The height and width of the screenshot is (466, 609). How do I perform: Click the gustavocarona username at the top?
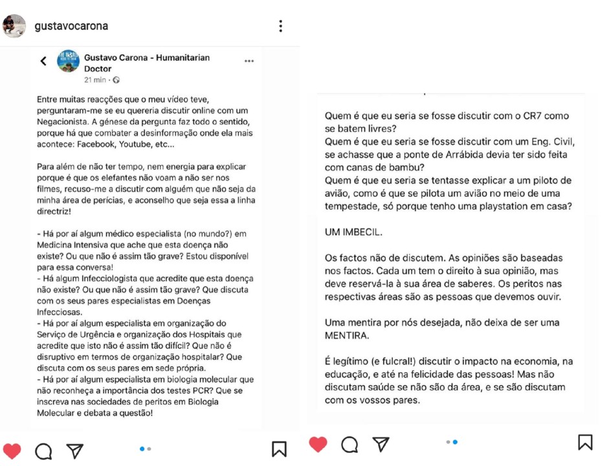71,27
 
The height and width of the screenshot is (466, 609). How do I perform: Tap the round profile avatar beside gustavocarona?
14,26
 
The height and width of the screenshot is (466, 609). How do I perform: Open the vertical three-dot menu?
280,26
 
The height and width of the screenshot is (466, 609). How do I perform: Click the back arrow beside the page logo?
43,61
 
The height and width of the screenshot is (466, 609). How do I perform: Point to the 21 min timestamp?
95,80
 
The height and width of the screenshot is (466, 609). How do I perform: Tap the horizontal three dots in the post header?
249,61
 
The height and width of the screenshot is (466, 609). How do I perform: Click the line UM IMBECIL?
353,231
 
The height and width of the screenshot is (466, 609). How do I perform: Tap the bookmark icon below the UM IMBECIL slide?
585,442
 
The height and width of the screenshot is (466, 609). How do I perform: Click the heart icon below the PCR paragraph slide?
12,450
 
